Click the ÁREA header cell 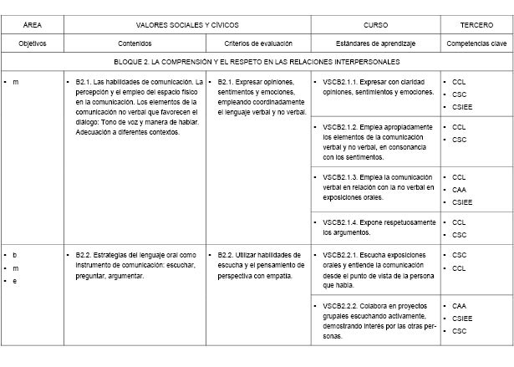[x=32, y=26]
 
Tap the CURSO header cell [x=376, y=26]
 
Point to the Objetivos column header [x=32, y=43]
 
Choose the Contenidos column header [x=135, y=43]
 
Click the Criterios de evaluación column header [x=258, y=43]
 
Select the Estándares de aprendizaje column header [x=376, y=43]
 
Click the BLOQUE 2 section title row [x=257, y=62]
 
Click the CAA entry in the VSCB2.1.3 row [x=459, y=190]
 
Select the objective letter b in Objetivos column [x=14, y=254]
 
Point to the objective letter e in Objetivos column [x=14, y=281]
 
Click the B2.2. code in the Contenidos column [x=81, y=254]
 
